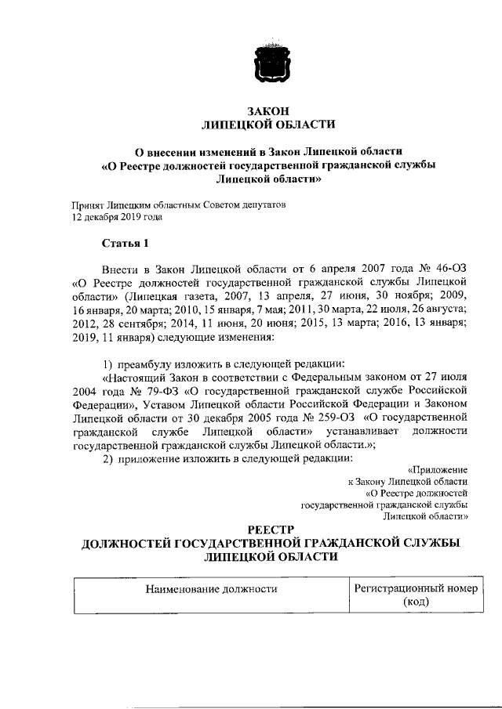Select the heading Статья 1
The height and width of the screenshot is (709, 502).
pos(125,242)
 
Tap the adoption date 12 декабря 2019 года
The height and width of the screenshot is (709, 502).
pos(117,217)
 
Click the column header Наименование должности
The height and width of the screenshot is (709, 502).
pos(210,587)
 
